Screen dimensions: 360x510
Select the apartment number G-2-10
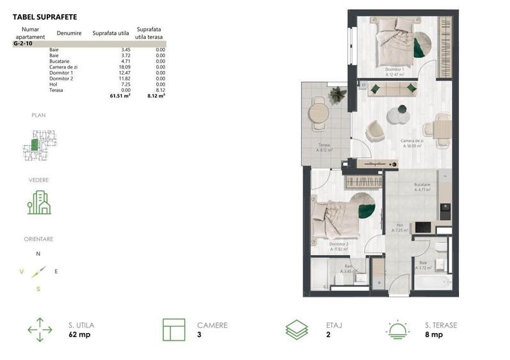pyautogui.click(x=23, y=43)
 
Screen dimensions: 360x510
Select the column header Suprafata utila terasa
pyautogui.click(x=148, y=33)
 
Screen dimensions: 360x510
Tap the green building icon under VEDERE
pyautogui.click(x=38, y=202)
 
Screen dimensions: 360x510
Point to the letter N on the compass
pyautogui.click(x=38, y=254)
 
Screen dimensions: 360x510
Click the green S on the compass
pyautogui.click(x=38, y=289)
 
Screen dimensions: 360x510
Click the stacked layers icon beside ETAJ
pyautogui.click(x=296, y=329)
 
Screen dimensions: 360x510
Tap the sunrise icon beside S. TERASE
pyautogui.click(x=398, y=329)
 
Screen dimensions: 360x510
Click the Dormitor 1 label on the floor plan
pyautogui.click(x=394, y=69)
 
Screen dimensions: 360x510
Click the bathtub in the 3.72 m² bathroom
pyautogui.click(x=433, y=282)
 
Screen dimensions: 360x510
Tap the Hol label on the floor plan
pyautogui.click(x=399, y=226)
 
